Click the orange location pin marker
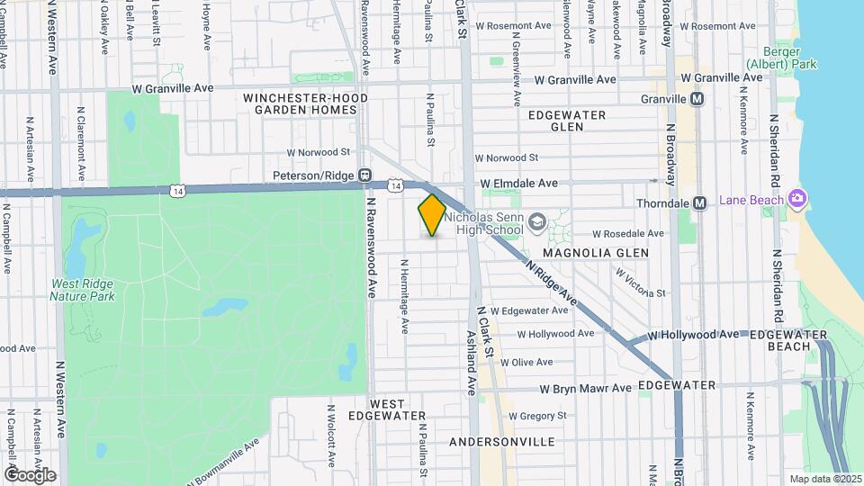click(x=432, y=214)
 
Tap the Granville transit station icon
click(x=697, y=98)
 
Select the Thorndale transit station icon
click(x=698, y=203)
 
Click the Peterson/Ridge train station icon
click(x=364, y=175)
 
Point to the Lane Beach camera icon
click(x=796, y=198)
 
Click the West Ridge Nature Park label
click(x=82, y=289)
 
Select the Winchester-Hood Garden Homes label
click(x=300, y=103)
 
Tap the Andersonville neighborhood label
click(x=501, y=442)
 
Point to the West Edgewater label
click(x=397, y=409)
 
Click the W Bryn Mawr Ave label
click(x=585, y=389)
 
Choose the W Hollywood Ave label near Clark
click(x=561, y=333)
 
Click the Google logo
click(x=29, y=474)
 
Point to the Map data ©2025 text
click(x=824, y=479)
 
